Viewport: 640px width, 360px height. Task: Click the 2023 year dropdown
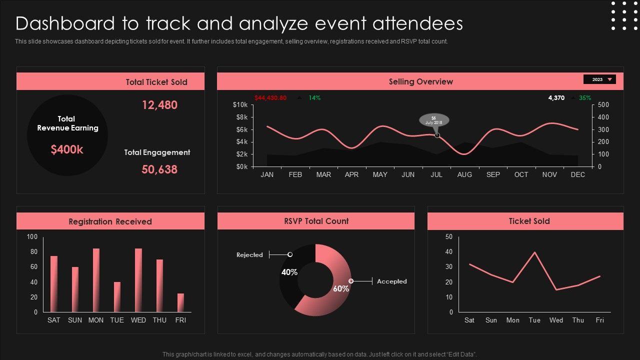pos(599,79)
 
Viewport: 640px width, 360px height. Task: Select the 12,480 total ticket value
pos(159,105)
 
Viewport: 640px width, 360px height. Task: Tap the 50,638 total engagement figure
pos(159,169)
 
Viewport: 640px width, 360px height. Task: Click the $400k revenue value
pos(67,149)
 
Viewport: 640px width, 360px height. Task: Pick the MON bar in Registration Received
pos(96,280)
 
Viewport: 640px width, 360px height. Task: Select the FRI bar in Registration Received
pos(180,302)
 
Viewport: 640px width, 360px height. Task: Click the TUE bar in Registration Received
pos(117,296)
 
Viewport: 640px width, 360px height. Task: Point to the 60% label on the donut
pos(341,289)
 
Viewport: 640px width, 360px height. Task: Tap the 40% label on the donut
pos(289,272)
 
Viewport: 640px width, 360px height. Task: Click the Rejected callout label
pos(249,255)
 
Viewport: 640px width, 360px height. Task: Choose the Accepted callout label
pos(392,281)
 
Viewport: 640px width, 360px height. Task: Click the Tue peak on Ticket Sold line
pos(535,252)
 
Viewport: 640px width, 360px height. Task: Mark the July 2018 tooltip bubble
pos(434,120)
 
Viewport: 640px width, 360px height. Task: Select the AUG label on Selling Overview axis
pos(464,175)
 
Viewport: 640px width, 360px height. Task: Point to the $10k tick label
pos(240,105)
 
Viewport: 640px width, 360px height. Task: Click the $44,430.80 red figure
pos(270,98)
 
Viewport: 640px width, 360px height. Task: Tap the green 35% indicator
pos(585,98)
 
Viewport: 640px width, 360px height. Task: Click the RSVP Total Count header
pos(316,221)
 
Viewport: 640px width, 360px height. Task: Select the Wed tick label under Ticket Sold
pos(556,320)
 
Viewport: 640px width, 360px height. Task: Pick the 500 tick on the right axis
pos(603,105)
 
